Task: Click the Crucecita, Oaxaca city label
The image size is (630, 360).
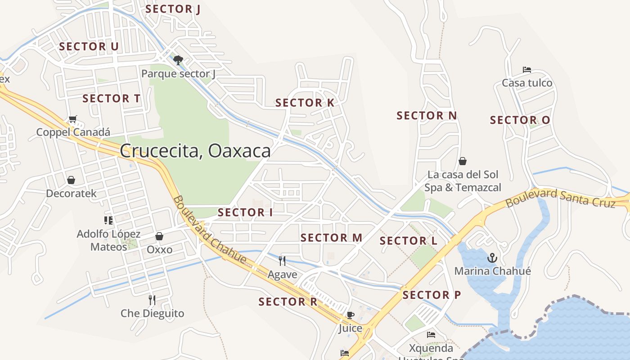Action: pyautogui.click(x=195, y=150)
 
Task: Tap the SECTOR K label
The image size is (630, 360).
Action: pyautogui.click(x=305, y=103)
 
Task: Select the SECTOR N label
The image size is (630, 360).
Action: pyautogui.click(x=427, y=116)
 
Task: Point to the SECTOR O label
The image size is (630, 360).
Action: pyautogui.click(x=520, y=120)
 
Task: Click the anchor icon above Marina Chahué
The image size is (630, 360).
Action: pyautogui.click(x=492, y=258)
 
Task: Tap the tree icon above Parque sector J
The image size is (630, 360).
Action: pyautogui.click(x=178, y=60)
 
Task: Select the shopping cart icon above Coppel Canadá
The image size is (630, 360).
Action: pyautogui.click(x=73, y=119)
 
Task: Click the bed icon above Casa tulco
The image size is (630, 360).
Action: pyautogui.click(x=527, y=70)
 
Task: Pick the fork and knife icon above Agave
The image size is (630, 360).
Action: pyautogui.click(x=282, y=261)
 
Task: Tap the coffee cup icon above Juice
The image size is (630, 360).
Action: pyautogui.click(x=350, y=315)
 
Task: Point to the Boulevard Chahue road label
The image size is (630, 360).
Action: pyautogui.click(x=209, y=229)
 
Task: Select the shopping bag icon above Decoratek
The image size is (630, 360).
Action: pyautogui.click(x=71, y=180)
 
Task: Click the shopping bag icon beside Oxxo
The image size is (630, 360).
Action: pyautogui.click(x=159, y=236)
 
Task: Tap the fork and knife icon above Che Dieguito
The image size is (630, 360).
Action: pyautogui.click(x=152, y=299)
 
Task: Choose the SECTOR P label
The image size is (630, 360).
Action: pyautogui.click(x=432, y=295)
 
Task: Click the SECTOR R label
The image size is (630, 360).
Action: pyautogui.click(x=288, y=301)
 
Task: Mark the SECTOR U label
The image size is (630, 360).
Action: pyautogui.click(x=89, y=46)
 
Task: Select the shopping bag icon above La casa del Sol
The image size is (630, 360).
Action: pyautogui.click(x=463, y=161)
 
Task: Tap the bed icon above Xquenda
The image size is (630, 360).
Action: pyautogui.click(x=431, y=335)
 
